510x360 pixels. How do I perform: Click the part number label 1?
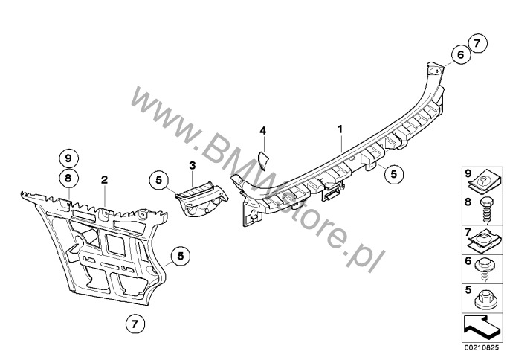click(340, 129)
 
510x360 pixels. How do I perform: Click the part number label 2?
click(104, 180)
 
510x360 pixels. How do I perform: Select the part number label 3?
click(193, 165)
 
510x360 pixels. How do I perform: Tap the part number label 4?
click(263, 131)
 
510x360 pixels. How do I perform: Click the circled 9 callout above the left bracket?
click(68, 159)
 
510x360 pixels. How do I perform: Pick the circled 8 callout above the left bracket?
click(68, 179)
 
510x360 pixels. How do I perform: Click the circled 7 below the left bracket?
click(135, 324)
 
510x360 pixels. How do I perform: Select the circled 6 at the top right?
click(461, 55)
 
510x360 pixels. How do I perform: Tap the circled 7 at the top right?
click(477, 43)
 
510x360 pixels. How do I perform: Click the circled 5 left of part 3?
click(159, 180)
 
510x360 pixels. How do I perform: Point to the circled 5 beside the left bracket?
click(181, 256)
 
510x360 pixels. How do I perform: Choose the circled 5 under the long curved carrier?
click(394, 174)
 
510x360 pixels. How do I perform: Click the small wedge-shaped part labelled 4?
click(262, 161)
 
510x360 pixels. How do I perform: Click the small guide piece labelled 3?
click(202, 199)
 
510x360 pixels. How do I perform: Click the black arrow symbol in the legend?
click(481, 328)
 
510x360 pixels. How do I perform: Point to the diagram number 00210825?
click(482, 347)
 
